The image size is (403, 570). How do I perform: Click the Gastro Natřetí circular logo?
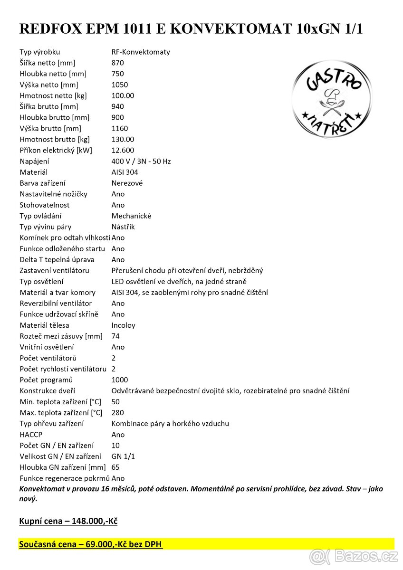pyautogui.click(x=332, y=99)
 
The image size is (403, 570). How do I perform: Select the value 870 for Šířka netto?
pyautogui.click(x=117, y=63)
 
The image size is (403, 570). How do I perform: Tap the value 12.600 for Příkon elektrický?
pyautogui.click(x=123, y=150)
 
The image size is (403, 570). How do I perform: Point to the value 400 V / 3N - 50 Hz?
pyautogui.click(x=141, y=161)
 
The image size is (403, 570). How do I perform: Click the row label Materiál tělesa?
pyautogui.click(x=44, y=325)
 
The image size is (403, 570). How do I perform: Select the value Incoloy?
pyautogui.click(x=123, y=325)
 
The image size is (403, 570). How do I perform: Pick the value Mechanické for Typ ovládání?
pyautogui.click(x=131, y=216)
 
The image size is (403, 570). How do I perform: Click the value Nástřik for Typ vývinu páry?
pyautogui.click(x=123, y=227)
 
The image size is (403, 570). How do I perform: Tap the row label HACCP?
pyautogui.click(x=31, y=434)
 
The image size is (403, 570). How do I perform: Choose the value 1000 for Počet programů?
pyautogui.click(x=120, y=380)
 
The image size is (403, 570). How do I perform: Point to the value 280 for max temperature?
pyautogui.click(x=117, y=412)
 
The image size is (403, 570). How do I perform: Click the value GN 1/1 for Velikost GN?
pyautogui.click(x=123, y=456)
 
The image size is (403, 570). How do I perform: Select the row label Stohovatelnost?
pyautogui.click(x=45, y=205)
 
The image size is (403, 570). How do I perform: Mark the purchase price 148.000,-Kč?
pyautogui.click(x=95, y=521)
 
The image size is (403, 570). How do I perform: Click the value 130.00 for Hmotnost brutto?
pyautogui.click(x=123, y=139)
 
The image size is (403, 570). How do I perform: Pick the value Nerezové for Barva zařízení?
pyautogui.click(x=127, y=183)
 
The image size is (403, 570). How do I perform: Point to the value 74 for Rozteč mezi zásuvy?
pyautogui.click(x=115, y=336)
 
